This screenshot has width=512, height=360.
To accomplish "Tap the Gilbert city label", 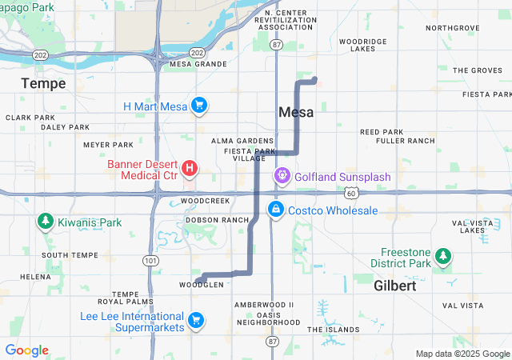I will click(395, 286).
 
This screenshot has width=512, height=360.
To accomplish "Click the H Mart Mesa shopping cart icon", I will click(199, 106).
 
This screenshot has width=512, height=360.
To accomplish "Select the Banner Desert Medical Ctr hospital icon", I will click(190, 168).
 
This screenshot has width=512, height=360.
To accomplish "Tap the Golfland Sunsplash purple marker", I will click(282, 175).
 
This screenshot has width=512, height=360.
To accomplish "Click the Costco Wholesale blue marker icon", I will click(275, 210).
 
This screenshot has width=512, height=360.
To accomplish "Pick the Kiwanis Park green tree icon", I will click(44, 222).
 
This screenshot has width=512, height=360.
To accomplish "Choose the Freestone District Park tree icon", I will click(442, 256).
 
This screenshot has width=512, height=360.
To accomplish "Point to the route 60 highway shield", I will click(351, 193).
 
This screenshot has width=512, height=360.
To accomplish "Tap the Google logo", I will click(26, 350).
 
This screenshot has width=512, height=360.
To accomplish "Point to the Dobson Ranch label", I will click(218, 219).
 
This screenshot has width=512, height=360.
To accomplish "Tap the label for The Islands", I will click(333, 330).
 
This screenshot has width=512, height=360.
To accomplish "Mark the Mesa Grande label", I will click(194, 64).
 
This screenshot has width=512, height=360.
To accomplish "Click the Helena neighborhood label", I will click(35, 276).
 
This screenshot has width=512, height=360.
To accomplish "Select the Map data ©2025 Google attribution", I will click(462, 354).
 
